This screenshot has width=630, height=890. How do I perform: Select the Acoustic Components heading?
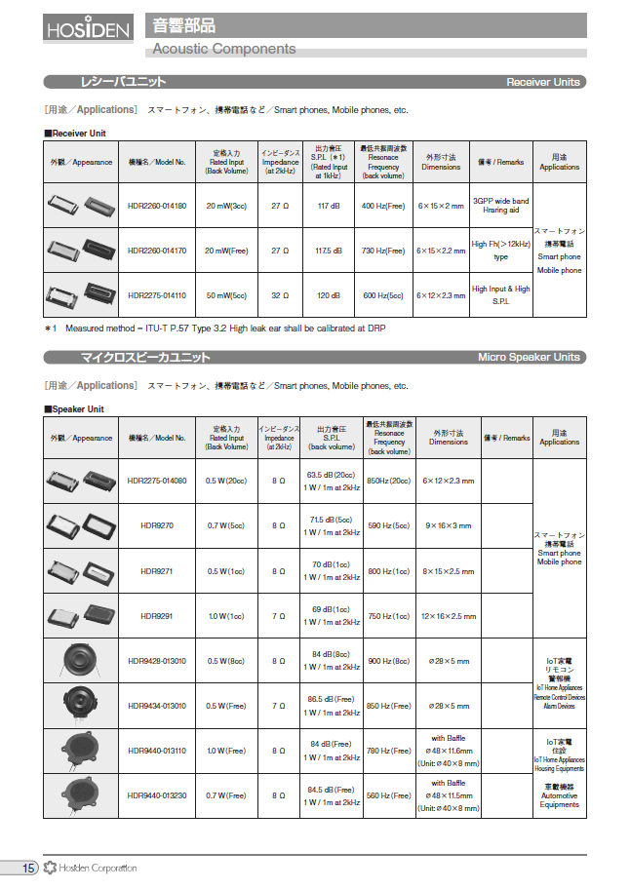coord(224,49)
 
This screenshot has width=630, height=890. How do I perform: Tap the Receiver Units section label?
coord(543,83)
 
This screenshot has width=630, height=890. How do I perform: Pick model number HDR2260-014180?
coord(156,206)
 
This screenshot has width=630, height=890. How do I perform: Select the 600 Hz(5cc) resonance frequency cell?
coord(383,295)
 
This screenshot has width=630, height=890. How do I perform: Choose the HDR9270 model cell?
coord(156,524)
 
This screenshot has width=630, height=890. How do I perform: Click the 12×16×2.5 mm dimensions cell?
coord(449,616)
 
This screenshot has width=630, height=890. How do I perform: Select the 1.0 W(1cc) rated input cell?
coord(226,616)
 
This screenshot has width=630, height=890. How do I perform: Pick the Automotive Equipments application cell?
coord(559,795)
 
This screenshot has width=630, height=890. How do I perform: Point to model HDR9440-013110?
coord(156,751)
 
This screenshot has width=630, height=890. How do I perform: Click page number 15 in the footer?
coord(28,868)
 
